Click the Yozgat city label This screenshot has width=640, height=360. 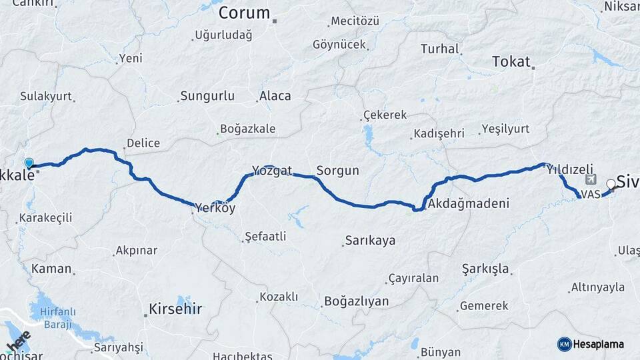[272, 169]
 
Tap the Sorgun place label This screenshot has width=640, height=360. [337, 171]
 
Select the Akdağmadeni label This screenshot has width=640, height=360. [469, 203]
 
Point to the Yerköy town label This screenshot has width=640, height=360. [214, 209]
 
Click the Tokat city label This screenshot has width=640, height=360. [511, 62]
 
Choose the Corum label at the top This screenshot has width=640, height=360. [244, 13]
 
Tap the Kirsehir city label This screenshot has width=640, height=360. [175, 309]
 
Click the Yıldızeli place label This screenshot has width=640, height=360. [569, 169]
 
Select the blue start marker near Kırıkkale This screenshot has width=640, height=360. [29, 163]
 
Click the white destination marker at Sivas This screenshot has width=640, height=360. [611, 185]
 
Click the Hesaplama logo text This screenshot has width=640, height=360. [599, 344]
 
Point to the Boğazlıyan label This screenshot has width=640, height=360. [356, 301]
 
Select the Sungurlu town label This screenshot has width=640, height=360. [207, 96]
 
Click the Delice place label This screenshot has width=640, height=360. [143, 143]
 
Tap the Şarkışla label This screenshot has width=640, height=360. [485, 269]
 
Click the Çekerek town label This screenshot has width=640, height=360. [385, 115]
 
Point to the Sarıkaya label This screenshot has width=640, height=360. [370, 241]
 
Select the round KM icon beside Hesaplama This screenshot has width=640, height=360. [564, 344]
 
